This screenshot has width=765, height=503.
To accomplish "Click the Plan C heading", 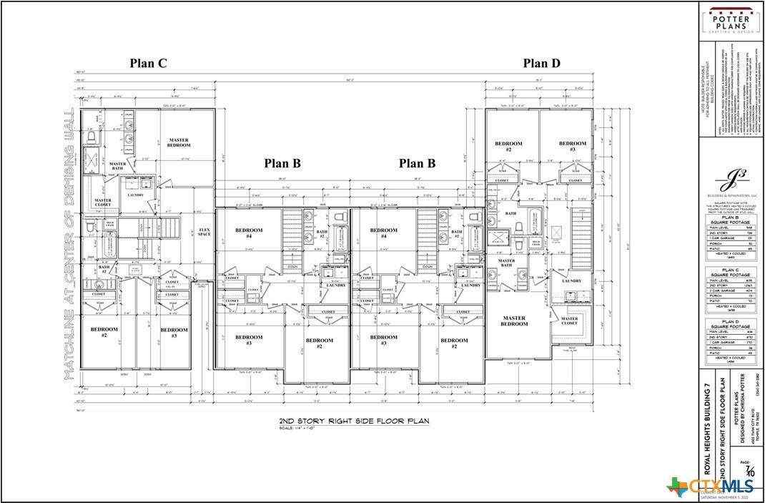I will (148, 63).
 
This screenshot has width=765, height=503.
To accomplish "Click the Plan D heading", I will (541, 63).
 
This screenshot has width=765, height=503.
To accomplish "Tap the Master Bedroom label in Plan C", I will (179, 142).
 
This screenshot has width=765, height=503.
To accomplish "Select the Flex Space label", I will (204, 232).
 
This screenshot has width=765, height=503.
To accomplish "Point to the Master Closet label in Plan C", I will (103, 203).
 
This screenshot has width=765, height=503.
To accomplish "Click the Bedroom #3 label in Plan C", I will (174, 333).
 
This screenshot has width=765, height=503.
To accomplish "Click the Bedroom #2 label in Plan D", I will (508, 146).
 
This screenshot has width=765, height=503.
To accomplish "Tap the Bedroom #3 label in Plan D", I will (573, 146).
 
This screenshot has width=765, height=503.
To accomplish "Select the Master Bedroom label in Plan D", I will (514, 321).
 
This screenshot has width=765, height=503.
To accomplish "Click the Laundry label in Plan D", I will (571, 280).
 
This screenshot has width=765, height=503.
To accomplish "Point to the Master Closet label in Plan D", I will (570, 321).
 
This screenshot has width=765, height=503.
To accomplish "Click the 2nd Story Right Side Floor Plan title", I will (354, 421).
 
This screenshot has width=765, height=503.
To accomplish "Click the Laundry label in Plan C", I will (136, 195).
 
